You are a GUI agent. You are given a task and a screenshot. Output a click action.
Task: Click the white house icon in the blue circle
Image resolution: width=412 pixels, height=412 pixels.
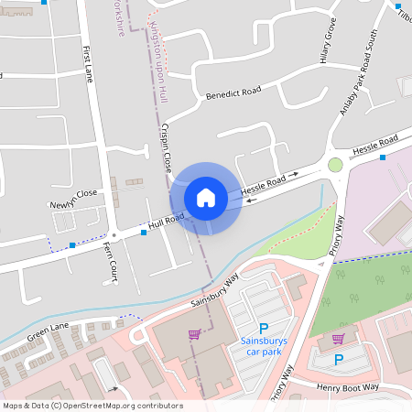(206, 197)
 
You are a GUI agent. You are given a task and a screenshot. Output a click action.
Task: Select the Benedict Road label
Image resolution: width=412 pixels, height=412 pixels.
(233, 92)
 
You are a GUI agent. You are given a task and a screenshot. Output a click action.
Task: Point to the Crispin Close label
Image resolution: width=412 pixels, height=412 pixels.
(167, 147)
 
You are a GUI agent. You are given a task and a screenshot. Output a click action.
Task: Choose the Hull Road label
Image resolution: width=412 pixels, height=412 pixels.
(168, 221)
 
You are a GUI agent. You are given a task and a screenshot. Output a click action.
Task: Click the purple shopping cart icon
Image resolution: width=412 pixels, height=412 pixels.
(194, 334)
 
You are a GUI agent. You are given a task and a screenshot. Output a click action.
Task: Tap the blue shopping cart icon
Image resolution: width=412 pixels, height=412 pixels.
(338, 339)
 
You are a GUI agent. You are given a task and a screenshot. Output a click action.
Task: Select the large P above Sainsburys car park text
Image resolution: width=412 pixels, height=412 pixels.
(264, 329)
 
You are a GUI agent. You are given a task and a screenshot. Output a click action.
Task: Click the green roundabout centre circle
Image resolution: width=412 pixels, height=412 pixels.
(335, 165)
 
